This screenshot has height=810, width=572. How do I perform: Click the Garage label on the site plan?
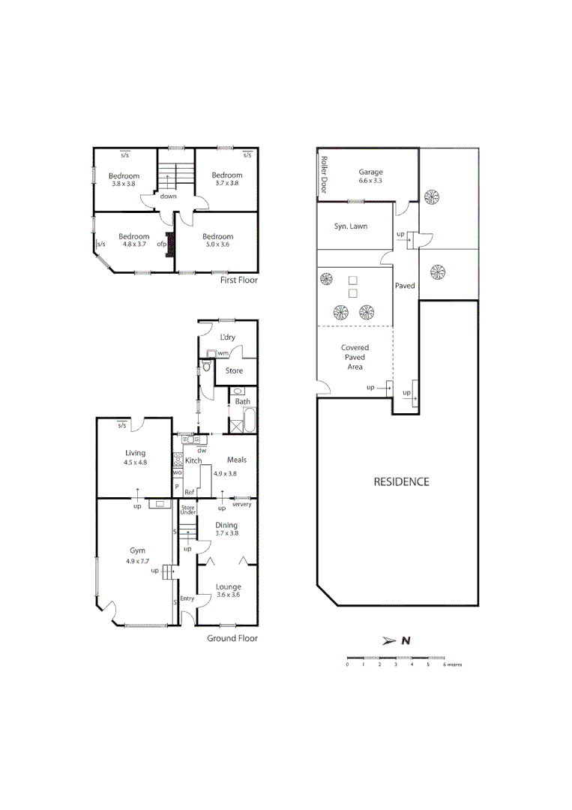pyautogui.click(x=370, y=172)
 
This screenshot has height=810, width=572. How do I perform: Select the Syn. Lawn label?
pyautogui.click(x=351, y=226)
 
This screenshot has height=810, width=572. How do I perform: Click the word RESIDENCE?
pyautogui.click(x=401, y=481)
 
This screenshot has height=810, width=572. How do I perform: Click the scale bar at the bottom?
pyautogui.click(x=396, y=657)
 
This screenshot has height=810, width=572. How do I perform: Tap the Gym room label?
pyautogui.click(x=136, y=550)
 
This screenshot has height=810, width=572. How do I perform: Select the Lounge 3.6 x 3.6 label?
pyautogui.click(x=228, y=591)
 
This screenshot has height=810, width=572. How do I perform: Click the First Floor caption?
pyautogui.click(x=238, y=280)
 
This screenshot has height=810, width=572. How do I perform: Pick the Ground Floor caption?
pyautogui.click(x=232, y=638)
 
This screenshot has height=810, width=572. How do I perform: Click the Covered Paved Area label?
pyautogui.click(x=355, y=357)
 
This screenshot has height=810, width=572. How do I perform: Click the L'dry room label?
pyautogui.click(x=227, y=337)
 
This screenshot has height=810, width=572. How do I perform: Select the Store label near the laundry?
pyautogui.click(x=235, y=370)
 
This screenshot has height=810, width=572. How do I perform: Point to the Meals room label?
pyautogui.click(x=237, y=460)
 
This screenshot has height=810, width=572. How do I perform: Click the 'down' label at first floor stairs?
pyautogui.click(x=168, y=196)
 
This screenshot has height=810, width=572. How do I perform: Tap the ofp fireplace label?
pyautogui.click(x=160, y=243)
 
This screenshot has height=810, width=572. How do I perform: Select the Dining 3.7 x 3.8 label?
pyautogui.click(x=226, y=529)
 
